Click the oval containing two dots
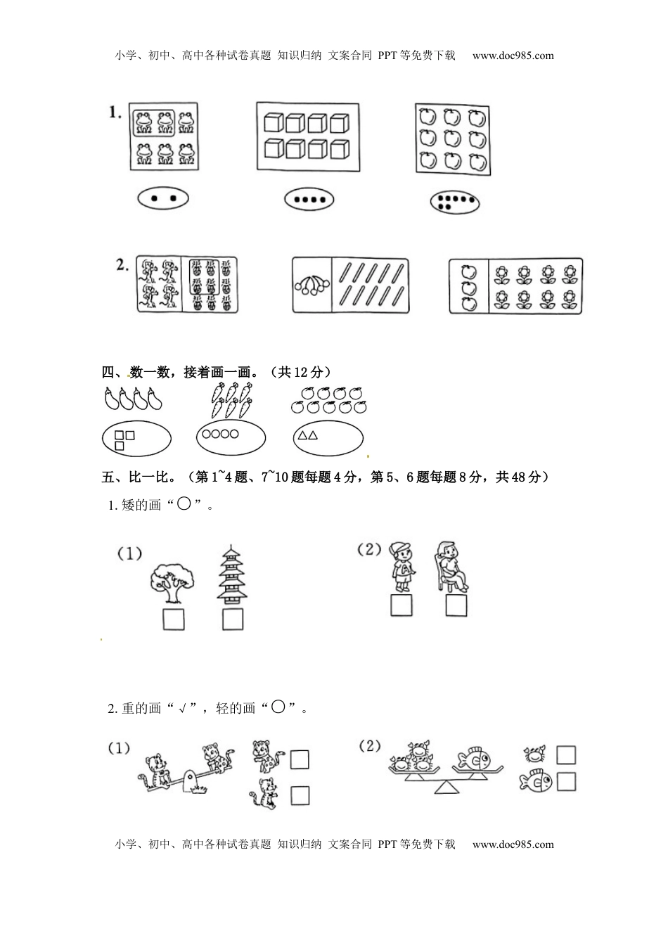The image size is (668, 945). tap(163, 198)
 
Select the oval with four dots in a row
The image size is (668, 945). tap(309, 200)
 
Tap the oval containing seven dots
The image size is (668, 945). tap(455, 202)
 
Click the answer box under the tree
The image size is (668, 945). tap(174, 619)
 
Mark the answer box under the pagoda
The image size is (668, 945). tap(233, 619)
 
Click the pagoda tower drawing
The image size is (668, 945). tap(232, 574)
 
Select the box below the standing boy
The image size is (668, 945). tap(402, 605)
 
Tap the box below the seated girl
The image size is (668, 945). tap(456, 605)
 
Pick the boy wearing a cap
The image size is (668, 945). tap(403, 567)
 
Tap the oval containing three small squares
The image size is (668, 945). tap(136, 439)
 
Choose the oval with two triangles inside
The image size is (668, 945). tap(328, 438)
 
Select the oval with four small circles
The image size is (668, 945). tap(231, 437)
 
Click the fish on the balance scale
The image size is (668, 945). tap(472, 759)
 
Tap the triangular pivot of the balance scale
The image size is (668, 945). tap(447, 787)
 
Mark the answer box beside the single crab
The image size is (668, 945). tap(566, 755)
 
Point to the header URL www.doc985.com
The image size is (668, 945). tap(513, 56)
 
